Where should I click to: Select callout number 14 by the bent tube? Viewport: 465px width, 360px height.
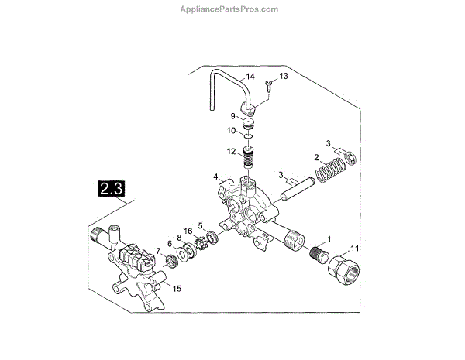point(249,77)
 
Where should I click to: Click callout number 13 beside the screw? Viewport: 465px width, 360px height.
point(283,76)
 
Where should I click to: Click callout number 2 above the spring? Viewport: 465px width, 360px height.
point(316,158)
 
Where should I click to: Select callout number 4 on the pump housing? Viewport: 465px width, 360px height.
point(217,177)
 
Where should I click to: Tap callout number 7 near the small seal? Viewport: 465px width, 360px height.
point(160,251)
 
